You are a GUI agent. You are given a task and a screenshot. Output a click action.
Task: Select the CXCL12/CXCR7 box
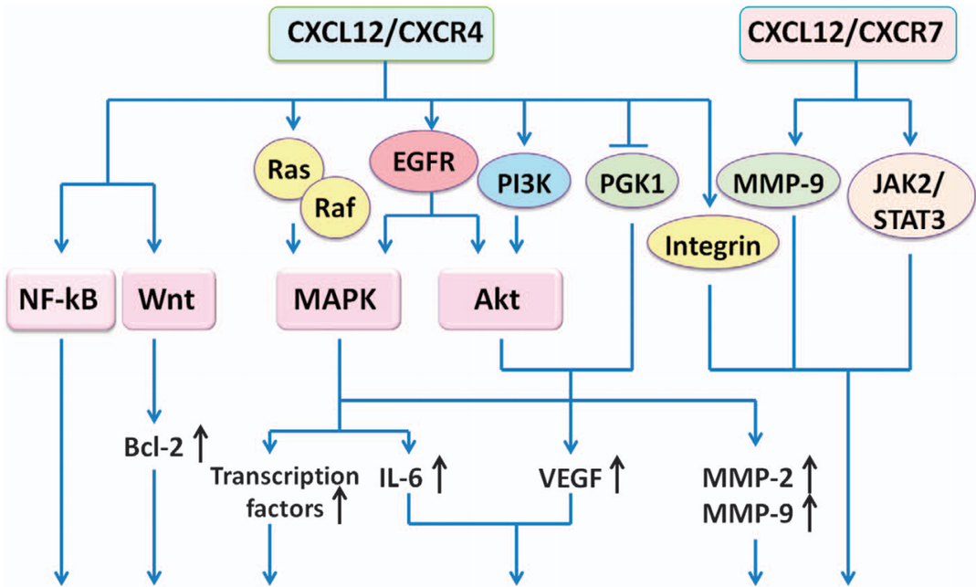tap(855, 36)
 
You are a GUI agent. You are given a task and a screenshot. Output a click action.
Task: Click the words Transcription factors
tap(271, 491)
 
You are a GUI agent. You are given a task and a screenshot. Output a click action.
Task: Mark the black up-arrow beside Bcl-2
tap(203, 445)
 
